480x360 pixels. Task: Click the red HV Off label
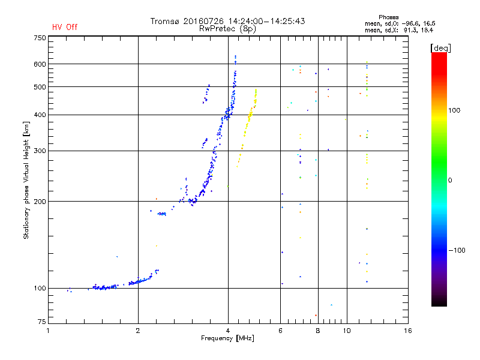pyautogui.click(x=65, y=27)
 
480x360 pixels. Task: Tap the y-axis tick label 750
pyautogui.click(x=40, y=38)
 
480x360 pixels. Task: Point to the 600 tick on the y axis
pyautogui.click(x=40, y=64)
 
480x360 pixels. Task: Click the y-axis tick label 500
pyautogui.click(x=40, y=87)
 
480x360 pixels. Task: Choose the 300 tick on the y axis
pyautogui.click(x=40, y=151)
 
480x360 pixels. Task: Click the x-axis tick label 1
pyautogui.click(x=49, y=330)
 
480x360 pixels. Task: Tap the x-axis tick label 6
pyautogui.click(x=281, y=330)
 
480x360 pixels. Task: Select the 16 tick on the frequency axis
pyautogui.click(x=408, y=330)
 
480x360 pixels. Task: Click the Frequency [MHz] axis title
pyautogui.click(x=229, y=339)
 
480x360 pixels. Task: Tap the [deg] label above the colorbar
pyautogui.click(x=441, y=47)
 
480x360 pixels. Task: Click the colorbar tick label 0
pyautogui.click(x=451, y=180)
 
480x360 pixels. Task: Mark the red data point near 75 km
pyautogui.click(x=316, y=315)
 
